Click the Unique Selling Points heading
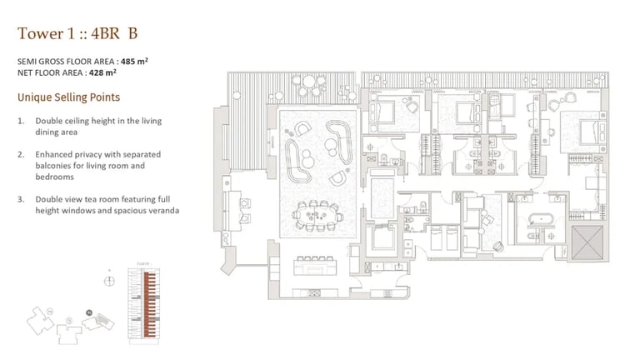(68, 97)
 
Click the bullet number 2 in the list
(21, 154)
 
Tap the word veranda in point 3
(163, 210)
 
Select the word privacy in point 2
(89, 154)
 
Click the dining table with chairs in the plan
(318, 217)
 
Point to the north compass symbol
(108, 280)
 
